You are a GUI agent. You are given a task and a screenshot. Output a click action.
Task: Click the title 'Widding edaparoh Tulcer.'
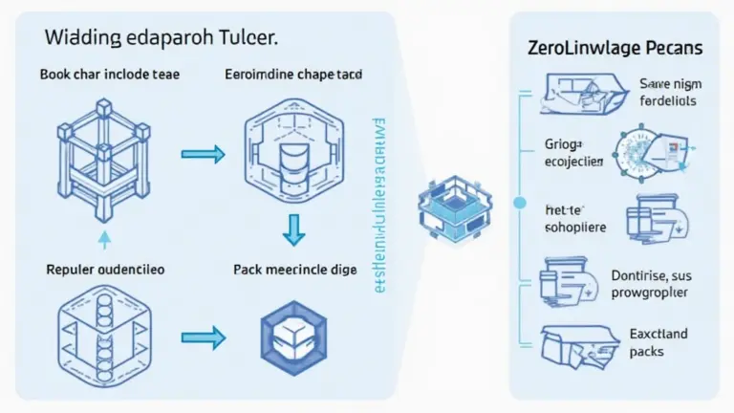tap(160, 40)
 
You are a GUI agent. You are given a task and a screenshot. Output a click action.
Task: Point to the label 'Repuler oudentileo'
tap(104, 270)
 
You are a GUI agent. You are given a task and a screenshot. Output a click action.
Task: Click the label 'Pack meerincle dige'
tap(294, 270)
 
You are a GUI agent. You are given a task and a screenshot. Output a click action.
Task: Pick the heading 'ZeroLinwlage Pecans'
tap(615, 46)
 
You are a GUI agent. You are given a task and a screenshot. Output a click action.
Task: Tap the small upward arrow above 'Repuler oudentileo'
tap(104, 238)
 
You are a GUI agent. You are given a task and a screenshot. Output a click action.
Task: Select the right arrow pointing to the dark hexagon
tap(203, 336)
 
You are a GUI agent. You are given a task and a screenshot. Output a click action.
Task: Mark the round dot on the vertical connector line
tap(520, 203)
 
